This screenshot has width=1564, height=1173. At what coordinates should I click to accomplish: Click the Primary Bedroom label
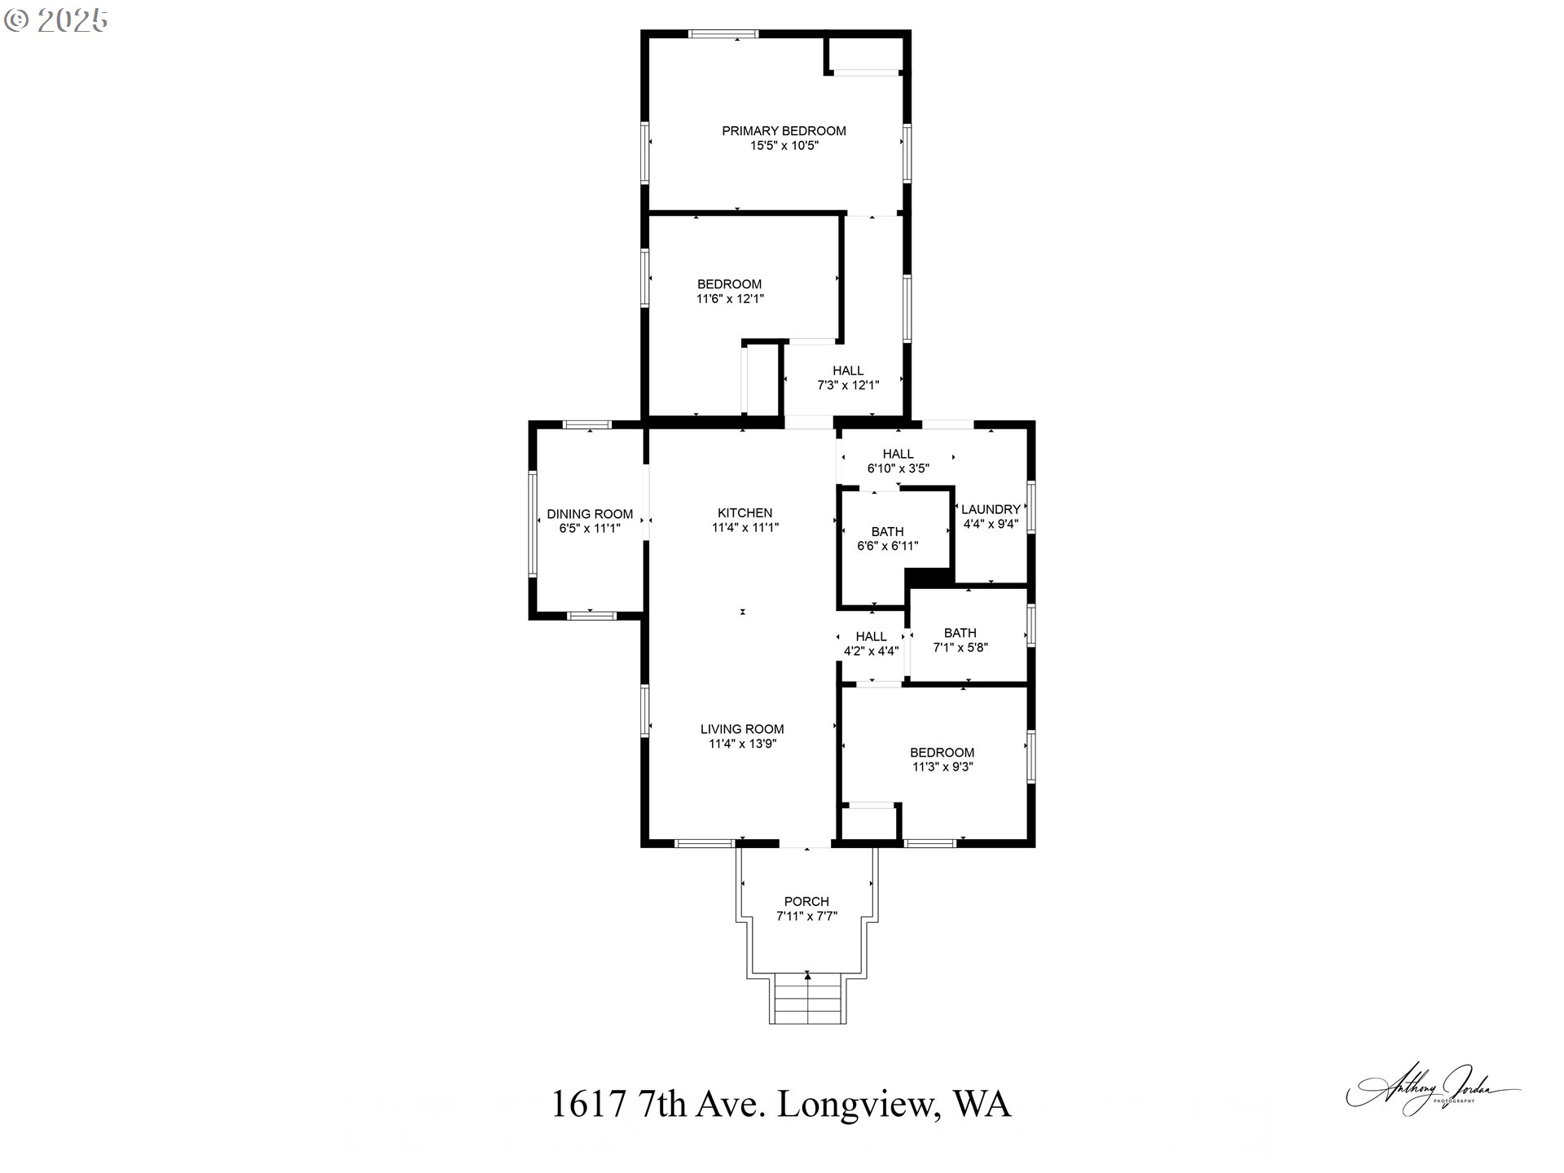784,130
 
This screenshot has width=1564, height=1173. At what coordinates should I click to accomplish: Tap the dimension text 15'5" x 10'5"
784,146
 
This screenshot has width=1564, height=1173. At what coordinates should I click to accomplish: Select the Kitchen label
745,512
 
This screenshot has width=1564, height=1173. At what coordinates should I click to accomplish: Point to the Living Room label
742,729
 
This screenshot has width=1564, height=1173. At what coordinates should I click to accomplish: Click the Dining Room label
590,514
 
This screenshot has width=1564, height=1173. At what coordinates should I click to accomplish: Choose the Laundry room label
991,509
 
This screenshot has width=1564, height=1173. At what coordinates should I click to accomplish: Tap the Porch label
806,901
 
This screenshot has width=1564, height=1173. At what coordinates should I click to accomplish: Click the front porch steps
807,999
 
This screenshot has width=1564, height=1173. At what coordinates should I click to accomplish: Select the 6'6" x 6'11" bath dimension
887,546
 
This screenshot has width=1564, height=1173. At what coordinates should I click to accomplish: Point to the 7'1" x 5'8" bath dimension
960,648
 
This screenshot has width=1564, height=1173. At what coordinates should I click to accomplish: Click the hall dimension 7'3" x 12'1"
848,385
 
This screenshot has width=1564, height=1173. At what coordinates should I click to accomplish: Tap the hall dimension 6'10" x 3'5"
898,468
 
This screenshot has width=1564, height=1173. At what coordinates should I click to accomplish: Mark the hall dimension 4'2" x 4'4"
871,651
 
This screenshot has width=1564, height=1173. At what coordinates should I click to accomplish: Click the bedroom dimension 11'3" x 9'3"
942,767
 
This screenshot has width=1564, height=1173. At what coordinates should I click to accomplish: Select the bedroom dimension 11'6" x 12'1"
730,299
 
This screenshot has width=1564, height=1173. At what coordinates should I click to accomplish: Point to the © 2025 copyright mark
56,20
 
